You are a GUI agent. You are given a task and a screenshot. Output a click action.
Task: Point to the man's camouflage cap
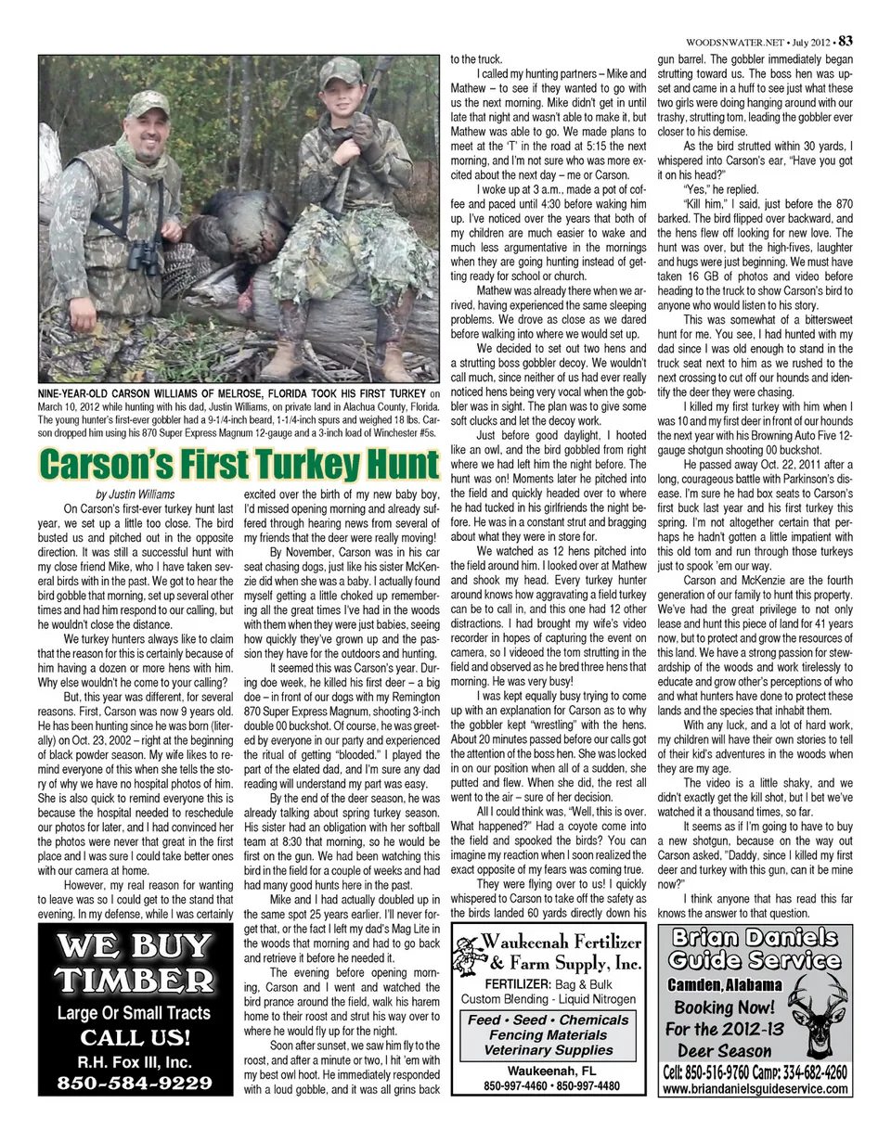point(148,104)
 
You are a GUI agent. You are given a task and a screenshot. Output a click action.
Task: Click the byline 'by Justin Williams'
point(135,494)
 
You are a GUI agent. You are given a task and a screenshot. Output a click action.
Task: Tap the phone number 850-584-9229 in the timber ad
point(134,1083)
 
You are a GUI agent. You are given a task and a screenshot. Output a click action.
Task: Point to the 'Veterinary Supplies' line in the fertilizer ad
point(549,1050)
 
